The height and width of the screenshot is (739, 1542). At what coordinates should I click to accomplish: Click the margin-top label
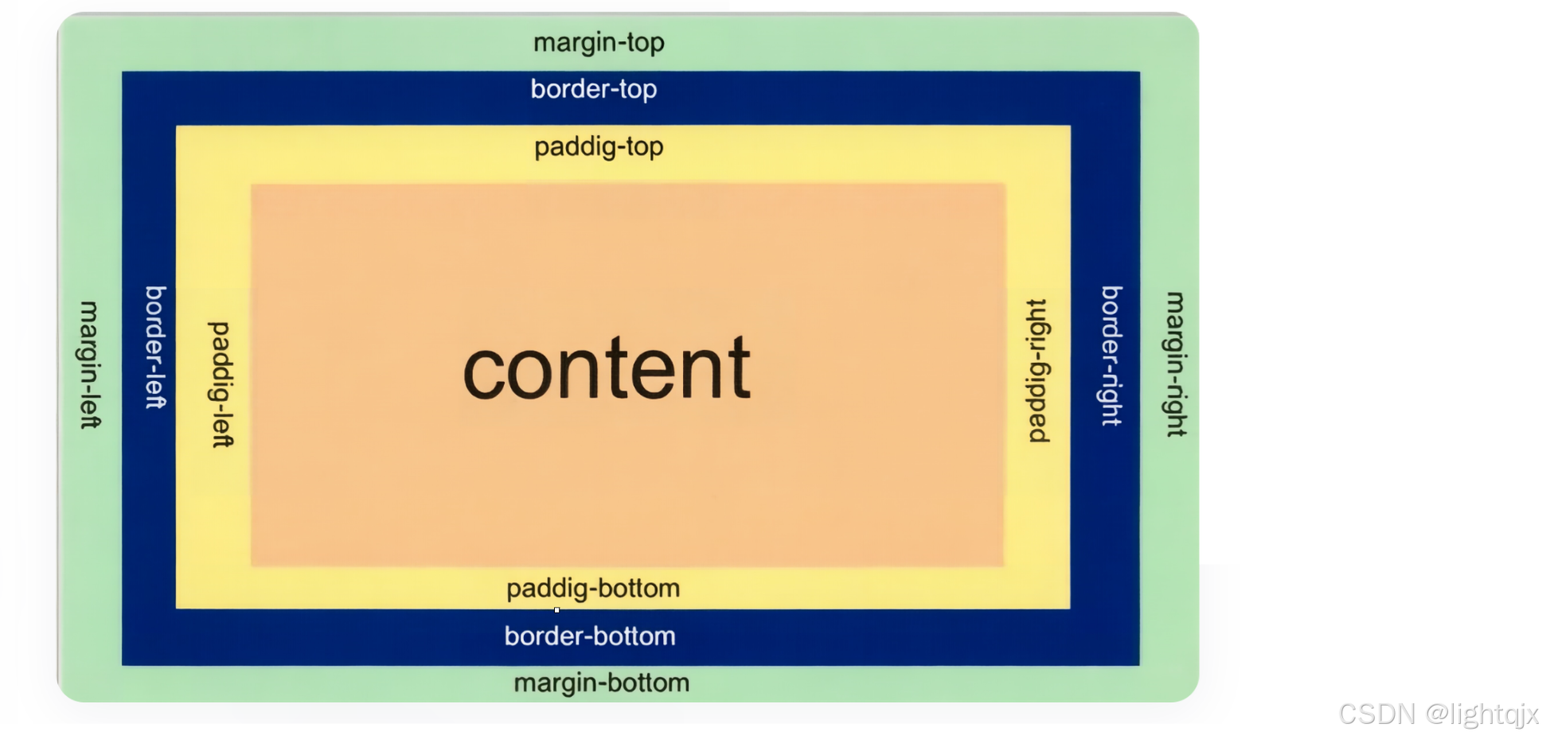(599, 42)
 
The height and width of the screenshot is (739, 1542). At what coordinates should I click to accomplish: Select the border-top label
(594, 89)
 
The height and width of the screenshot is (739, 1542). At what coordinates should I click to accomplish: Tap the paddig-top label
(599, 147)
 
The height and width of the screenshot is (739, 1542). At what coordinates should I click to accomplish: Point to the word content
(607, 368)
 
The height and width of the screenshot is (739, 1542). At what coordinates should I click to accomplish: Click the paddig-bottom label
(593, 589)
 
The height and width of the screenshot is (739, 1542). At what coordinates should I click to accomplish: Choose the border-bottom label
(590, 636)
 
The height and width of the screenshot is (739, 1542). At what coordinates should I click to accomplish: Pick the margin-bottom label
(601, 683)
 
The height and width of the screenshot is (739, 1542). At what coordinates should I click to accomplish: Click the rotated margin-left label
(90, 364)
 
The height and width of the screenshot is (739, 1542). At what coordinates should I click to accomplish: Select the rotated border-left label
(155, 347)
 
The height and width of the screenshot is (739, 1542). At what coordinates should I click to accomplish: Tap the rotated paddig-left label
(221, 384)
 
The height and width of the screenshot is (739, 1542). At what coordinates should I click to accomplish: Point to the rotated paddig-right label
(1037, 371)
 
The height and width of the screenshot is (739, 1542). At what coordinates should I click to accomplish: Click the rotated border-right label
(1111, 356)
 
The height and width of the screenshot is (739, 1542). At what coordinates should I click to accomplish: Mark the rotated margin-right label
(1176, 364)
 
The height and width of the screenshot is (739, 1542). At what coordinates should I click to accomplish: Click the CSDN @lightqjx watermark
(1439, 714)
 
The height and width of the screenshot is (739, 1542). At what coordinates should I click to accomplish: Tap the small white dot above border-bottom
(557, 610)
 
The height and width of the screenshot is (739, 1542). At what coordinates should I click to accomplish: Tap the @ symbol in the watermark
(1436, 714)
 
